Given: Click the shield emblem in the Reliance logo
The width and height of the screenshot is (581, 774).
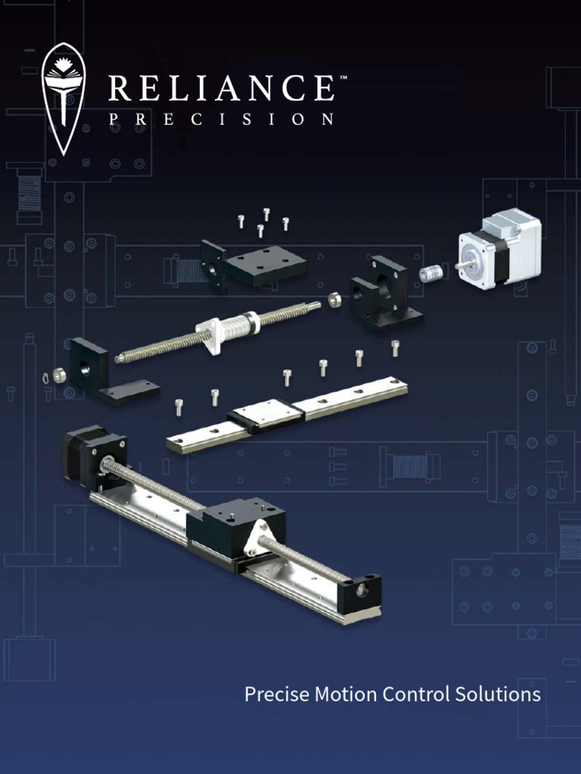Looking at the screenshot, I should pyautogui.click(x=64, y=97).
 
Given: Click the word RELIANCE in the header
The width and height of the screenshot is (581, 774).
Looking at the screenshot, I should pyautogui.click(x=221, y=88).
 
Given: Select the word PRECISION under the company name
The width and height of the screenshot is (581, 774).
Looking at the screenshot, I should pyautogui.click(x=221, y=119).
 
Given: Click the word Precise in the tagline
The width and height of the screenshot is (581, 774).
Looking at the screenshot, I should pyautogui.click(x=275, y=693).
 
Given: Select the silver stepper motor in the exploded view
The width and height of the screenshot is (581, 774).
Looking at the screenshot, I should pyautogui.click(x=501, y=249).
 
